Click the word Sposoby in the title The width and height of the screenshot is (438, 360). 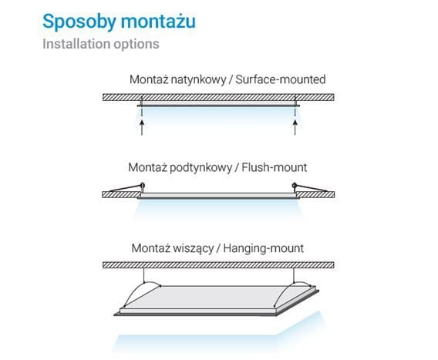click(x=79, y=22)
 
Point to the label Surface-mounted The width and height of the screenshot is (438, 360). click(x=281, y=79)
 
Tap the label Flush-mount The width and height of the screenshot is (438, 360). click(x=275, y=167)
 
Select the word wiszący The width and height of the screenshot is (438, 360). click(x=194, y=248)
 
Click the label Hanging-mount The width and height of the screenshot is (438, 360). click(x=264, y=248)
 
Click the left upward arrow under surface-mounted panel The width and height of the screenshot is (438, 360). click(x=142, y=127)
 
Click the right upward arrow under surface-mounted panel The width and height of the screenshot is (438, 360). click(x=295, y=127)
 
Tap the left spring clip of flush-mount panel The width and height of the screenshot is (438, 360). click(x=127, y=187)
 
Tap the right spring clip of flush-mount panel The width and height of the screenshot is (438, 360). click(x=309, y=187)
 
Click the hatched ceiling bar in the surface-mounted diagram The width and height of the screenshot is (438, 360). click(x=218, y=97)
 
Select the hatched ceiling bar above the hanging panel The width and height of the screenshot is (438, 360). click(x=218, y=265)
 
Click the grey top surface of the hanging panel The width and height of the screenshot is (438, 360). click(x=218, y=297)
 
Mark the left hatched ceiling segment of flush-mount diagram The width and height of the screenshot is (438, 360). click(x=121, y=195)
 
